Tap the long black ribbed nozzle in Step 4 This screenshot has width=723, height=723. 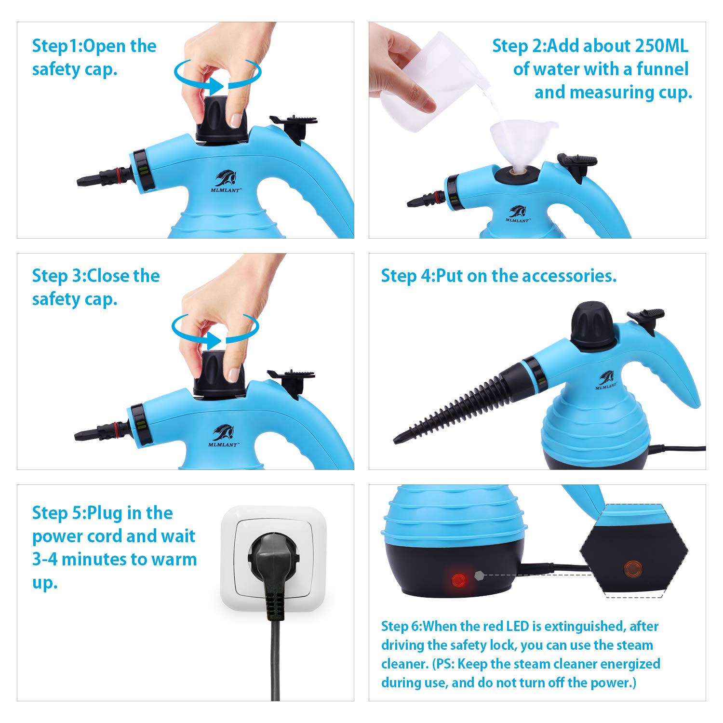click(x=458, y=405)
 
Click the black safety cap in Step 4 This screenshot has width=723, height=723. click(x=593, y=325)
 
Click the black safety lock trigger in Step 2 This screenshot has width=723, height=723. click(x=577, y=164)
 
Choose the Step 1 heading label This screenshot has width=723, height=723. click(x=57, y=46)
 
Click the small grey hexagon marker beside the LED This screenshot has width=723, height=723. click(x=479, y=575)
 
